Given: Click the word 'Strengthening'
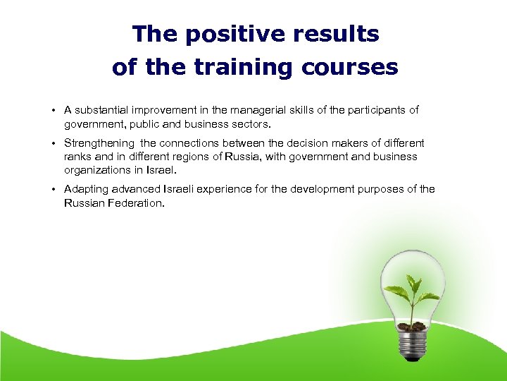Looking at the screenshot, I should click(x=99, y=143).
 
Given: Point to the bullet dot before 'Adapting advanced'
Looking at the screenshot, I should click(x=54, y=190).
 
